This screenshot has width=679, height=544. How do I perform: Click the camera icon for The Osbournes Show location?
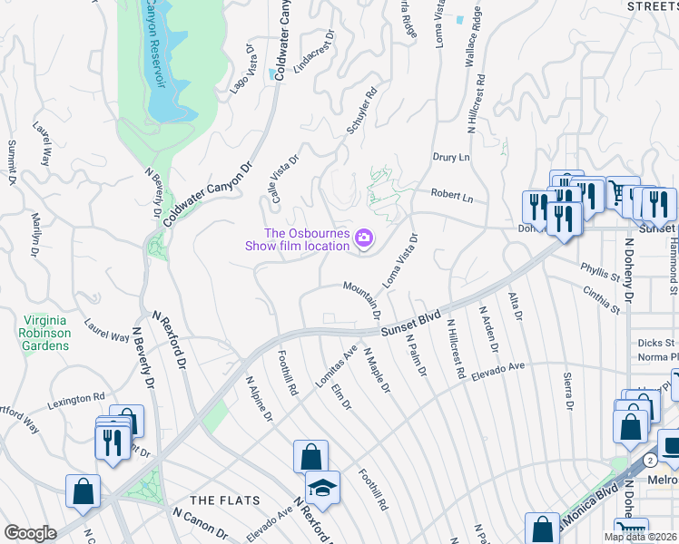coord(364,238)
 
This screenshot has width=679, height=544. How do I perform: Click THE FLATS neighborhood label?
coord(224,500)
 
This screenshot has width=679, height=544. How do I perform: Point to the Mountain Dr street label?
coord(361,298)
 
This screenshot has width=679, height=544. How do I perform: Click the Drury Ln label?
coord(451,157)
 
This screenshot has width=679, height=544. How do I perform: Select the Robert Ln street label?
coord(452,196)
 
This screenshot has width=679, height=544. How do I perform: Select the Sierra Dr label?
coord(568,393)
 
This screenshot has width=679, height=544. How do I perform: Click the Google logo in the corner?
coord(30,533)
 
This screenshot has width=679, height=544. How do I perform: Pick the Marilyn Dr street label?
coord(38,232)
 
